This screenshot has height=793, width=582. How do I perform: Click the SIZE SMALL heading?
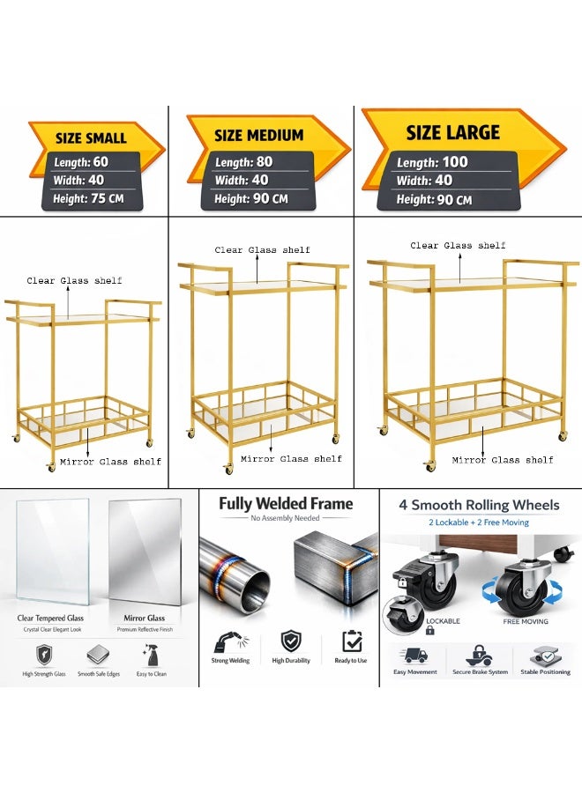point(91,138)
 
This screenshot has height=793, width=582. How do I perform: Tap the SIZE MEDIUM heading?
point(258,135)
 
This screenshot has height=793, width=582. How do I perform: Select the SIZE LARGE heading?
point(453,132)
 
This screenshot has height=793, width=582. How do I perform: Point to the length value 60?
point(101,162)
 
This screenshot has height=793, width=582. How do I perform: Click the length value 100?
point(454,162)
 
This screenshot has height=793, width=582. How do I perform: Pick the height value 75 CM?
point(107,198)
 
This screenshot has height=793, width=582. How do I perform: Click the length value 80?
point(265,162)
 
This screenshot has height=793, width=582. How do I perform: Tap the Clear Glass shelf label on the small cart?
point(74,280)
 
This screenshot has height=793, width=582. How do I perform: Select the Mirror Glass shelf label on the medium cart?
point(291,459)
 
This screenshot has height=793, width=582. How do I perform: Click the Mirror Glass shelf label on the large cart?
point(503,460)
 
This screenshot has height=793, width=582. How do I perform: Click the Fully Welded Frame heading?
point(286,504)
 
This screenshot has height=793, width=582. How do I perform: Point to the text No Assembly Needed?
point(285,518)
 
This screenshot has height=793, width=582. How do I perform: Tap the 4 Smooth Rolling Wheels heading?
point(479,505)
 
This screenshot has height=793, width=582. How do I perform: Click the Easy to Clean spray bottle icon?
point(150,655)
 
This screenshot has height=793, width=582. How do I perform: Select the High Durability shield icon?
point(291,641)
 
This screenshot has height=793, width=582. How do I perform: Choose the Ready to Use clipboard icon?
point(352,641)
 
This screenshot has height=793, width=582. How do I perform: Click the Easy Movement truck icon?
point(415,656)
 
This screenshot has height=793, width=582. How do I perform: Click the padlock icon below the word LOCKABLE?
point(430,630)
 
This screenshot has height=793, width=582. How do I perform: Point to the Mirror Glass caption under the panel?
point(145,618)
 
